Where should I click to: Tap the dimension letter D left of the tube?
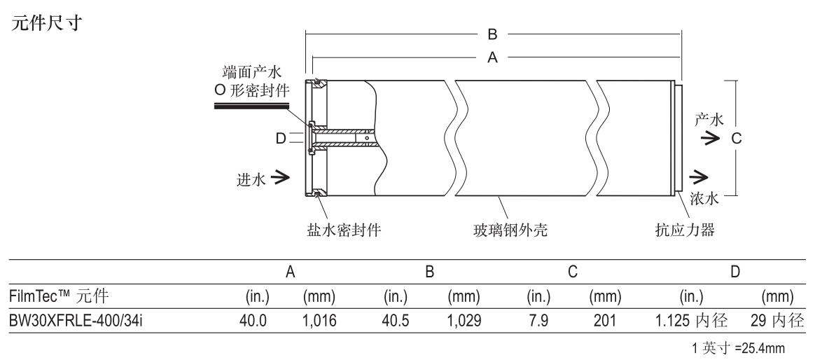pos(281,139)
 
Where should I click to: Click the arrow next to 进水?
pos(283,179)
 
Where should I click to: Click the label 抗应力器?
pos(687,229)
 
